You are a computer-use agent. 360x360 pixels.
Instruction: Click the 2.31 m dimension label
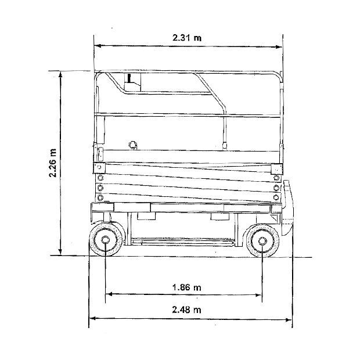pyautogui.click(x=187, y=37)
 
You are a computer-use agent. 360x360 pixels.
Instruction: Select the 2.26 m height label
pyautogui.click(x=53, y=163)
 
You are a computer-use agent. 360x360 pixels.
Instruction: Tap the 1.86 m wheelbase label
pyautogui.click(x=186, y=287)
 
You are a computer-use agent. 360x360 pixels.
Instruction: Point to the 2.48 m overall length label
pyautogui.click(x=186, y=309)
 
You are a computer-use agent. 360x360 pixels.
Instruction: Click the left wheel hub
pyautogui.click(x=105, y=240)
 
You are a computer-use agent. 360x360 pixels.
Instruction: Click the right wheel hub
pyautogui.click(x=262, y=241)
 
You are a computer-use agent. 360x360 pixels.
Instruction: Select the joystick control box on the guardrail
pyautogui.click(x=132, y=82)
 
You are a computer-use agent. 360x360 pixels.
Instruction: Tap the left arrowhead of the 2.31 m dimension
pyautogui.click(x=98, y=46)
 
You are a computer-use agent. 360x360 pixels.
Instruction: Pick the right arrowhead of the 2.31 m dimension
pyautogui.click(x=279, y=47)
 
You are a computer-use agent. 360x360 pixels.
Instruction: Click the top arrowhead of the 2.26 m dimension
pyautogui.click(x=60, y=75)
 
